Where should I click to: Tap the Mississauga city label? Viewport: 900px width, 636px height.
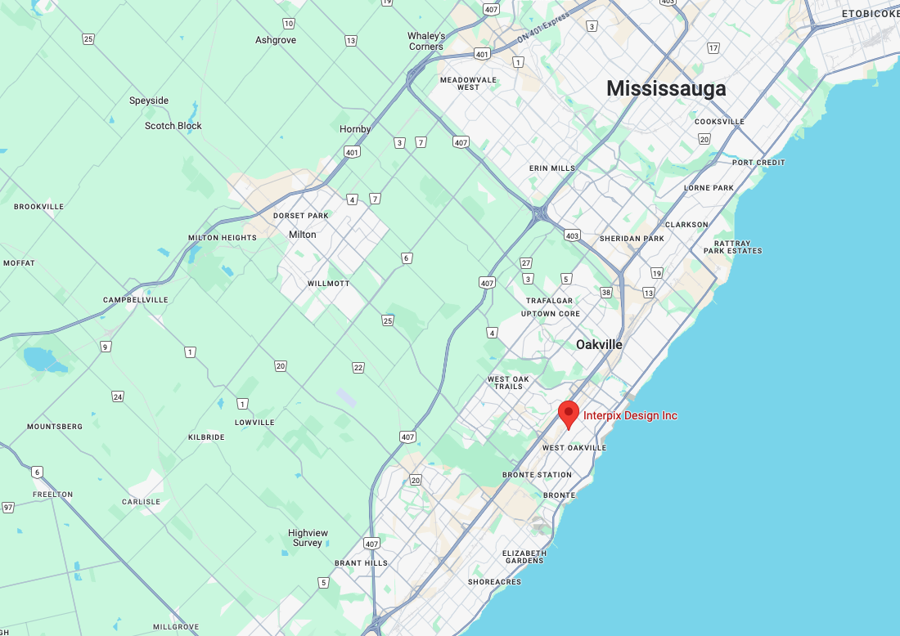pos(666,88)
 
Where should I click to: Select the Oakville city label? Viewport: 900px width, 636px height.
pos(599,344)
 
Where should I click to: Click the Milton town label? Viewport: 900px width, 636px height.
pos(302,235)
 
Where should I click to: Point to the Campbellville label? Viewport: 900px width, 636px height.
pos(135,300)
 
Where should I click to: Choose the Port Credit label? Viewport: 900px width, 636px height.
pos(758,163)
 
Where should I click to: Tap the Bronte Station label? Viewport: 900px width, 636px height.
pos(537,475)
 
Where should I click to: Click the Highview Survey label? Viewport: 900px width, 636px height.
pos(308,538)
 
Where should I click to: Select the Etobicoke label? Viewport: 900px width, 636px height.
pos(870,14)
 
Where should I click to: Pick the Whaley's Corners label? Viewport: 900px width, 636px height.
pos(426,41)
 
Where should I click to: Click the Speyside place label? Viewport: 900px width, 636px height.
pos(149,101)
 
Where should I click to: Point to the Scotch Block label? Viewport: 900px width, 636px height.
pos(173,126)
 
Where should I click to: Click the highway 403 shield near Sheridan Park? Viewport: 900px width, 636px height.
pos(572,235)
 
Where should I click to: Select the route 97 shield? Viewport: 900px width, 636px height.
pos(8,508)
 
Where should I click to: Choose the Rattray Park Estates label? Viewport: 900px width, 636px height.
pos(732,247)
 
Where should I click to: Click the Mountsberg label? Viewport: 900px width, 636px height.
pos(55,427)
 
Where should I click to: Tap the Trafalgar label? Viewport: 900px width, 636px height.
pos(549,301)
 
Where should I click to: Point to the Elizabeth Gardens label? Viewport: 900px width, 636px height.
pos(524,557)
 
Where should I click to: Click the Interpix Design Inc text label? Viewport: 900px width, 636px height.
pos(630,415)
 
